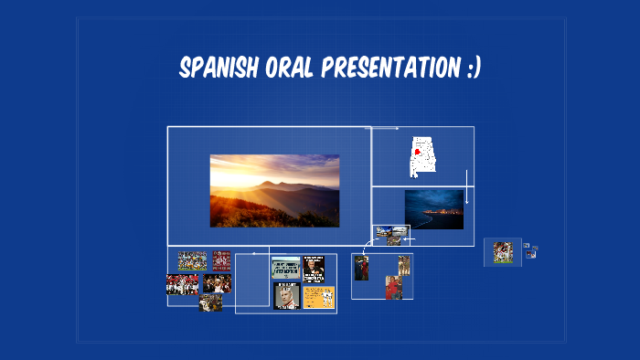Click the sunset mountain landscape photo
point(274,190)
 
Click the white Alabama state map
point(422,156)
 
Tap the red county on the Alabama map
point(418,152)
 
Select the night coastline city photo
point(434,209)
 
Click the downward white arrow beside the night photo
point(466,187)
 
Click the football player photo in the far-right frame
point(503,251)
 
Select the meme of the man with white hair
point(286,297)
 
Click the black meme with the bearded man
point(314,268)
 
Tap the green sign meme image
point(286,268)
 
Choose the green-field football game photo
point(192,260)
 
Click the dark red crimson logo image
point(222,260)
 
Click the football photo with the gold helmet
point(210,302)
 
